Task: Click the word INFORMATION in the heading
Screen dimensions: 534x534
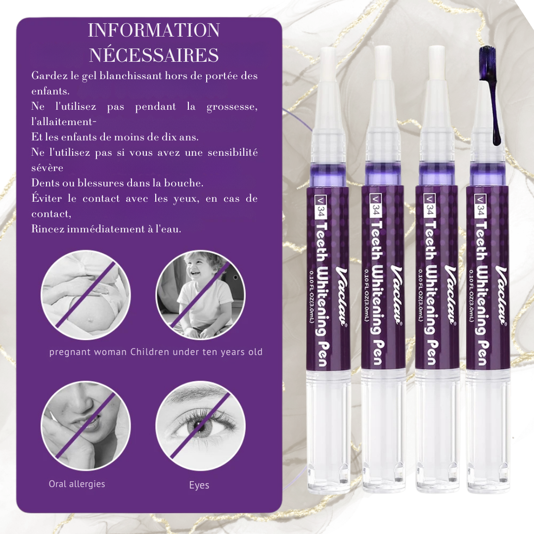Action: (153, 31)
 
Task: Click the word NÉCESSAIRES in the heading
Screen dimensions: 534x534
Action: (153, 55)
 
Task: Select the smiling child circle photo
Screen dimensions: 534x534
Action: (200, 295)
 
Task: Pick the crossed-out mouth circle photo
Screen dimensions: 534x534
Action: (86, 425)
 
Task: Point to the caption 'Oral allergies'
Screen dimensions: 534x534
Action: (77, 484)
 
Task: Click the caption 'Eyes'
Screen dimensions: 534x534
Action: (199, 485)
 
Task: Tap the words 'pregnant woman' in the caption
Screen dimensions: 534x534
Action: (89, 353)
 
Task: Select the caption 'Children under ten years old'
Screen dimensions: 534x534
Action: (196, 353)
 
